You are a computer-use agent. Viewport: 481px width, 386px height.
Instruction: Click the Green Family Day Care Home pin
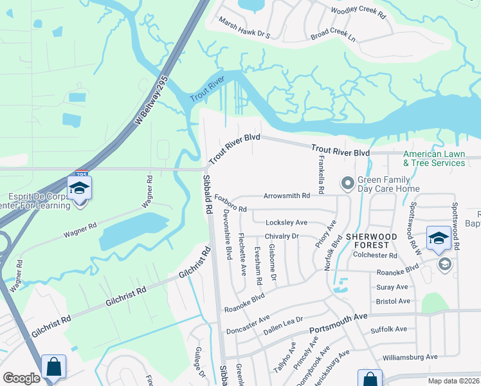pyautogui.click(x=347, y=185)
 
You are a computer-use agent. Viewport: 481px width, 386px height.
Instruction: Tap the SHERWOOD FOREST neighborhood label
pyautogui.click(x=376, y=241)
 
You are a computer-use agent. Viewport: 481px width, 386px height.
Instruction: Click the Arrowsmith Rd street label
pyautogui.click(x=286, y=196)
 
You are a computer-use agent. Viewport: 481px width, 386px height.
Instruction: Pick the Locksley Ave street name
pyautogui.click(x=286, y=223)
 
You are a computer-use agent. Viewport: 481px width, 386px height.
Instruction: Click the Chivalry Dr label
pyautogui.click(x=282, y=237)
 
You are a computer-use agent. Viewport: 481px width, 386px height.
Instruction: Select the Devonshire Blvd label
pyautogui.click(x=226, y=234)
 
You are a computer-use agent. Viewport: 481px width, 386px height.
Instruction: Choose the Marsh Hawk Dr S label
pyautogui.click(x=245, y=32)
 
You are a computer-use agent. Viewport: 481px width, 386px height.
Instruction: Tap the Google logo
pyautogui.click(x=21, y=378)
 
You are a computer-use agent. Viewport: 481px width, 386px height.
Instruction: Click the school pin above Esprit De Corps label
pyautogui.click(x=79, y=188)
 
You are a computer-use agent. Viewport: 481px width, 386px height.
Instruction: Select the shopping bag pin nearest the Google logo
pyautogui.click(x=53, y=368)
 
